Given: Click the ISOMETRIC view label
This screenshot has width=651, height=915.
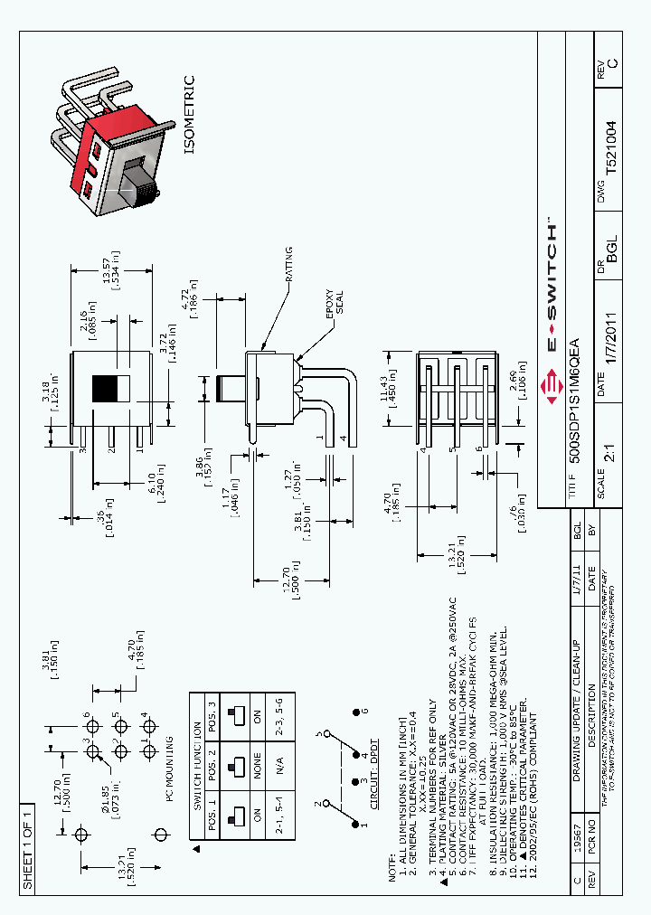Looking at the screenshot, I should [x=189, y=116].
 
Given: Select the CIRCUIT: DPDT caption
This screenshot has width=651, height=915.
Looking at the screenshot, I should [x=373, y=769].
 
